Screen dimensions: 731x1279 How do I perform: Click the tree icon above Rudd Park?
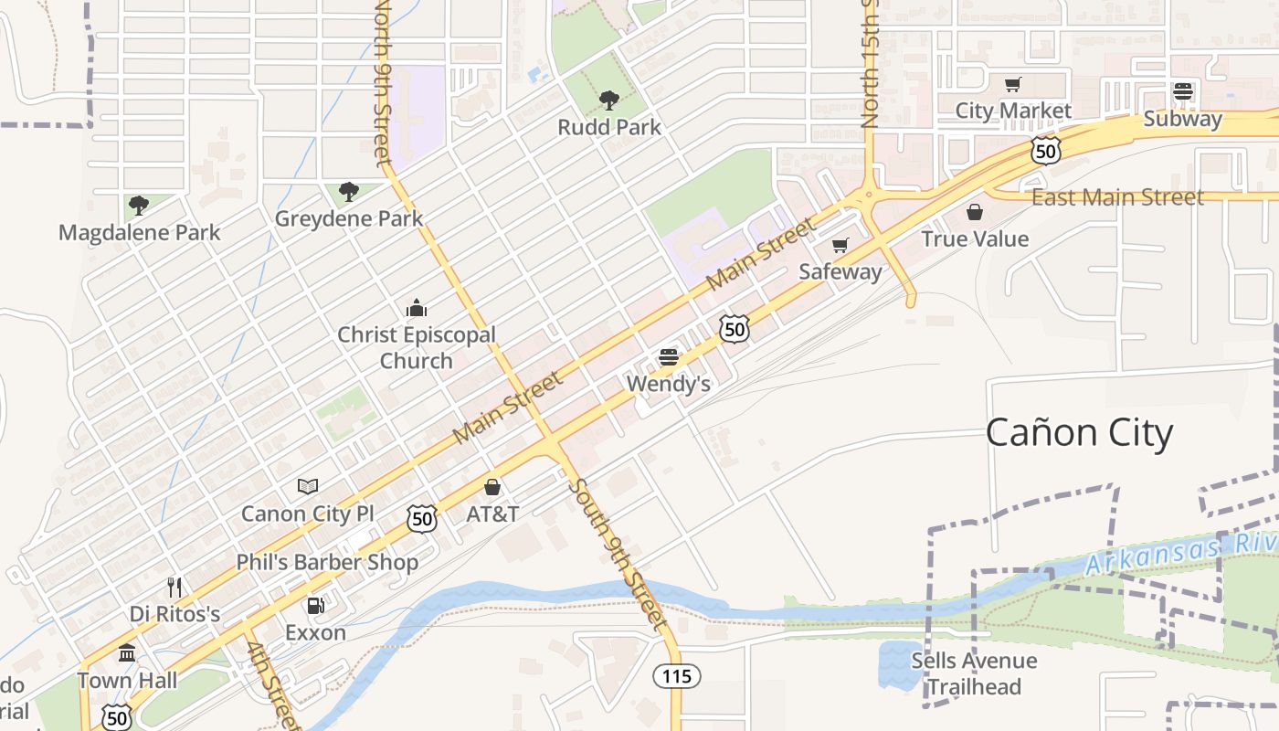coord(608,100)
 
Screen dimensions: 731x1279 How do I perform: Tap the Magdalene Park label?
coord(139,232)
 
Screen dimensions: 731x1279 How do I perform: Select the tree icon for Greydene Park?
coord(348,191)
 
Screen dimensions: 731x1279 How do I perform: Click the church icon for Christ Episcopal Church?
coord(417,307)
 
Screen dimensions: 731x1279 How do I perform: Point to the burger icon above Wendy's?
coord(669,357)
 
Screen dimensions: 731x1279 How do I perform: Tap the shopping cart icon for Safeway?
coord(840,245)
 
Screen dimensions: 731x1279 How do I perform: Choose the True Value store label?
coord(975,238)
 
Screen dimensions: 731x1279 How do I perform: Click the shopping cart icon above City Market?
coord(1013,85)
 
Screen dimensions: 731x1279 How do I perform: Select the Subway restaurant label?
coord(1182,119)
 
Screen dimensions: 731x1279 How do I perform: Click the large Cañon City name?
coord(1079,432)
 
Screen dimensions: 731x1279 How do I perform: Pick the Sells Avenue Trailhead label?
coord(974,673)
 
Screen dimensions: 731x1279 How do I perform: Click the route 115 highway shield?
coord(676,676)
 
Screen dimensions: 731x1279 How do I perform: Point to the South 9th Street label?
coord(614,554)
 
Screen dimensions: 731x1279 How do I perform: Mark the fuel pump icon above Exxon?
coord(315,605)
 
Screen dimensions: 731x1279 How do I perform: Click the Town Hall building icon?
coord(127,653)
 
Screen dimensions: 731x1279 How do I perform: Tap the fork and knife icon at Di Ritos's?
coord(174,587)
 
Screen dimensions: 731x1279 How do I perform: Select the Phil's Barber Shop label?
coord(327,562)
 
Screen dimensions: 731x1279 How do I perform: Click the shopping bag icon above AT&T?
coord(492,487)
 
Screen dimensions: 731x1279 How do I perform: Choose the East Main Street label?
coord(1117,196)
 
